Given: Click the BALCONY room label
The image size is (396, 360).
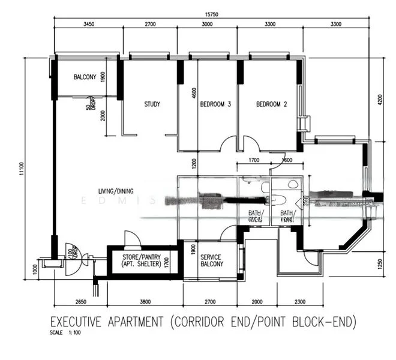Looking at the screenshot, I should [85, 77].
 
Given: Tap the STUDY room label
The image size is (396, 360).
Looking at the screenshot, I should [152, 104].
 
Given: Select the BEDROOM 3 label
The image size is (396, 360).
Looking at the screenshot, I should [215, 104].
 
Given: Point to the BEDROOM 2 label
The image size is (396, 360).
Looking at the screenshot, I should [271, 104].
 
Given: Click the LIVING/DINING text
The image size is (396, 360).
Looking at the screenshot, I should [116, 191].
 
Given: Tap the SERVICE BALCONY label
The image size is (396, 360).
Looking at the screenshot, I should [211, 260].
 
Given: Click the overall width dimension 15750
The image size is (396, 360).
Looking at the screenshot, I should [209, 13].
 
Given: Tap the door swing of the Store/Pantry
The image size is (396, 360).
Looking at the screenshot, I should [131, 238].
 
